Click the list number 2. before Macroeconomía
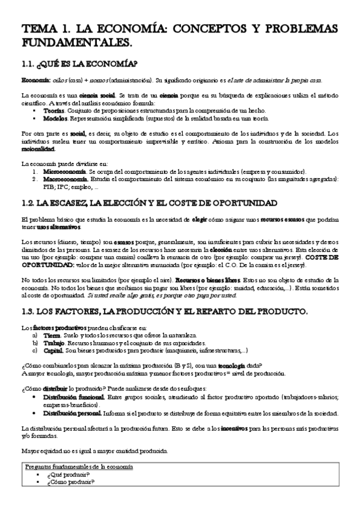point(36,179)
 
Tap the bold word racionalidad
point(37,149)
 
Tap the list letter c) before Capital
point(35,350)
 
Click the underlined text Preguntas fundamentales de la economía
point(79,467)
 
